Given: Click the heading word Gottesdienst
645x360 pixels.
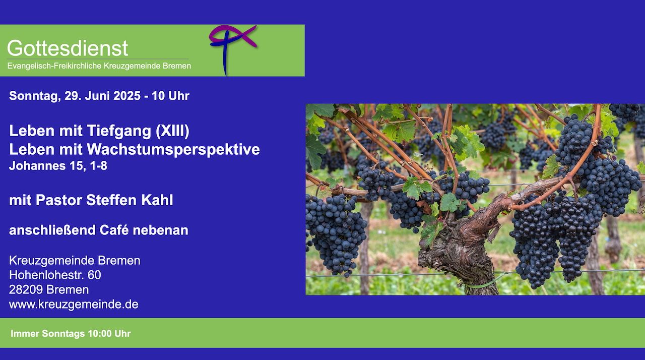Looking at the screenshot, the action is [x=68, y=48].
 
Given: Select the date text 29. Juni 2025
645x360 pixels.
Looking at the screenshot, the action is [x=102, y=96].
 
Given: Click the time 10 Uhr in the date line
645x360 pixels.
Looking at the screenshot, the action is [x=170, y=96].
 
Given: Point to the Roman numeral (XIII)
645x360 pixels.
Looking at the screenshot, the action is [x=172, y=131].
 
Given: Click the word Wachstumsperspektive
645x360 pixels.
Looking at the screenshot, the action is [x=173, y=149].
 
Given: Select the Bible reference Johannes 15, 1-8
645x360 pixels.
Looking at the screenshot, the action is [x=58, y=166].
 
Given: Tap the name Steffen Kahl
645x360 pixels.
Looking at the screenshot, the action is [x=130, y=200].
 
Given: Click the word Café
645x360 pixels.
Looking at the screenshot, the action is [x=114, y=230].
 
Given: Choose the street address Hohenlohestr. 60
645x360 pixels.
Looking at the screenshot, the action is [x=55, y=275].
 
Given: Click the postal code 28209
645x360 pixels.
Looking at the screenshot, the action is [x=26, y=289].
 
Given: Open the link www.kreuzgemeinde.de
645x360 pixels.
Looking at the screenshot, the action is [x=74, y=305].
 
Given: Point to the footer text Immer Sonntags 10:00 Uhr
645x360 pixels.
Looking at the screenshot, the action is [x=71, y=333].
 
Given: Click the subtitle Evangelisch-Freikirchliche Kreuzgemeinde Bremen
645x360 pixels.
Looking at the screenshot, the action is [x=99, y=66].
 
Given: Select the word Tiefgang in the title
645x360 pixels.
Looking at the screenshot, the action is [x=119, y=131].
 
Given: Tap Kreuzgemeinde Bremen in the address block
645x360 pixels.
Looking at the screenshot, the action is [x=75, y=260].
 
